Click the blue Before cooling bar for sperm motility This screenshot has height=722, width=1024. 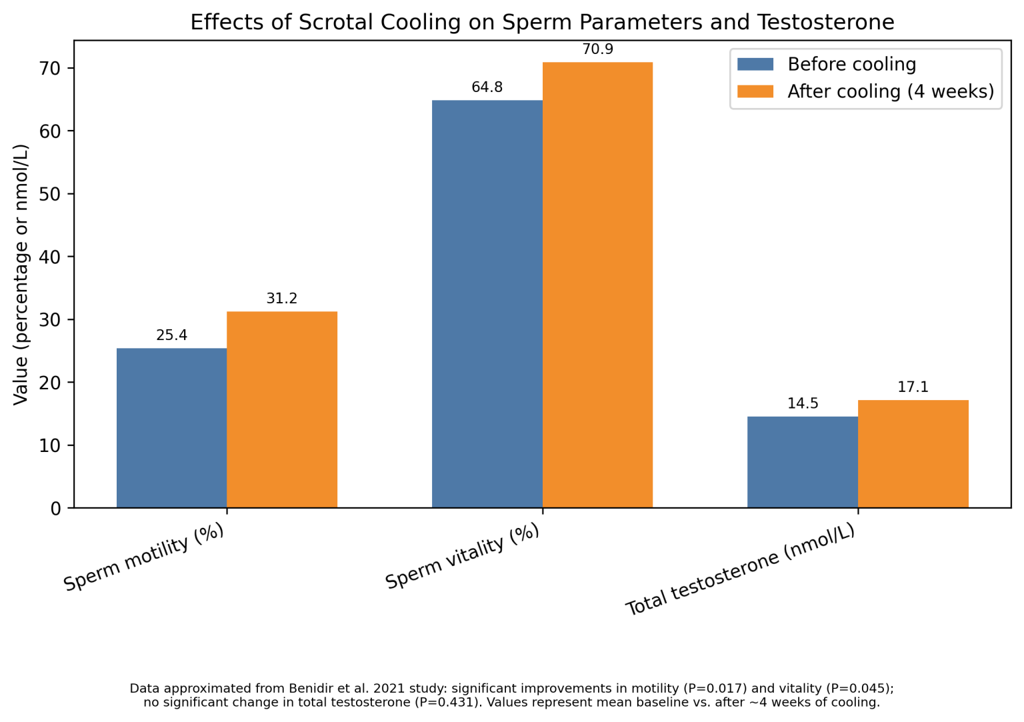(171, 428)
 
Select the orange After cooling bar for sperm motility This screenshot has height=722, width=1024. (282, 409)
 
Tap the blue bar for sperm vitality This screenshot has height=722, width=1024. (487, 304)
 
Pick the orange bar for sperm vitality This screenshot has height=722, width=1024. (597, 285)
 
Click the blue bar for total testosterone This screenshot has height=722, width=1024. (802, 462)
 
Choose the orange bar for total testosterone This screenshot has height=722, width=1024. (913, 454)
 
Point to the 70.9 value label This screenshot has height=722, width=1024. (597, 49)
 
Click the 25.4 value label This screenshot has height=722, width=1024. (171, 335)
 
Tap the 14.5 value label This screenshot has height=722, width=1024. (802, 404)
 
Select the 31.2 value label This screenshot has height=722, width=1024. (282, 299)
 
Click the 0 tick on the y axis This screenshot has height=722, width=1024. (55, 509)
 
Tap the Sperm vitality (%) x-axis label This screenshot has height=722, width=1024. (463, 557)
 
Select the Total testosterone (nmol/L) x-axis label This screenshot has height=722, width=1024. (740, 570)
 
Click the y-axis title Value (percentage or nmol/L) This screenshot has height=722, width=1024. (21, 274)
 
